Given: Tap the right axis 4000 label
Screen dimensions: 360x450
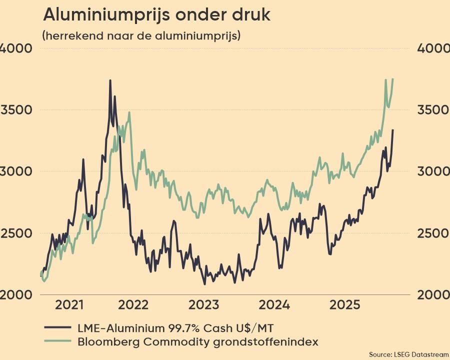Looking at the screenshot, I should click(x=433, y=48).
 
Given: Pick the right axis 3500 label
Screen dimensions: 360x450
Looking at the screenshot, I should click(x=433, y=110).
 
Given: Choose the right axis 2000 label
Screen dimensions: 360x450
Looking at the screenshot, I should click(x=433, y=295).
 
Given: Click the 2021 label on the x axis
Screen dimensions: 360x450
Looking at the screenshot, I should click(x=69, y=305).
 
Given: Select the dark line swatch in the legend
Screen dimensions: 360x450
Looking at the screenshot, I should click(x=58, y=328).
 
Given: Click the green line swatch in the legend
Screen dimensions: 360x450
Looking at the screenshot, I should click(x=58, y=342).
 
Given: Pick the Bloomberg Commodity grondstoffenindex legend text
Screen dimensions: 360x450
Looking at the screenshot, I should click(x=198, y=342).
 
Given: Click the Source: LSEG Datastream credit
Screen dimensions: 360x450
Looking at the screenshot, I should click(x=409, y=354).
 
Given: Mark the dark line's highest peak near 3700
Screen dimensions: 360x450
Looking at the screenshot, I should click(x=110, y=80).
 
